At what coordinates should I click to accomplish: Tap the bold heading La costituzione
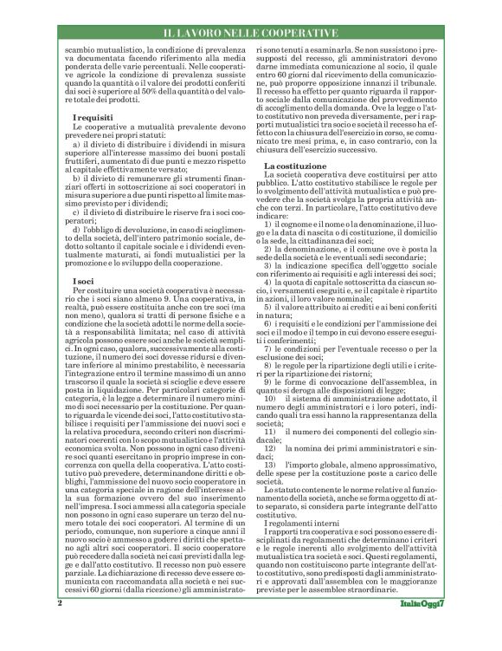click(x=295, y=164)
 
